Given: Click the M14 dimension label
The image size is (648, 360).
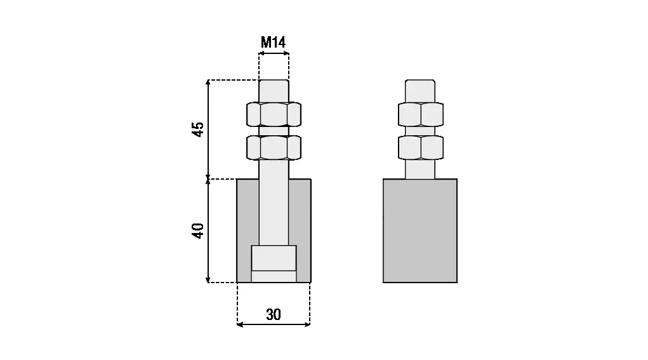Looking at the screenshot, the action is coord(273,42).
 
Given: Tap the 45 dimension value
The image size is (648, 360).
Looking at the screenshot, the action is coord(199,130).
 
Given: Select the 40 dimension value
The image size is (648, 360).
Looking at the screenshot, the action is coord(199,230).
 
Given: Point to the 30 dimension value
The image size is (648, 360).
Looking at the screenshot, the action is coord(274,315).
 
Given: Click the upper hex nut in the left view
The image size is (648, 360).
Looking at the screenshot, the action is coord(274,114).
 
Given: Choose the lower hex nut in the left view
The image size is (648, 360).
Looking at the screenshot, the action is coord(274,147).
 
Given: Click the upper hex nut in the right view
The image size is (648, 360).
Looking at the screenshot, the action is coord(421,114).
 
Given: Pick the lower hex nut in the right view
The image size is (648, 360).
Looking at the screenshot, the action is coord(421,147).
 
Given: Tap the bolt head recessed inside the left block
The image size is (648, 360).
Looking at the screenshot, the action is coord(274,258).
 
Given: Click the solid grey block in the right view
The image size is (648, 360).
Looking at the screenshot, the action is coord(420,230).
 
